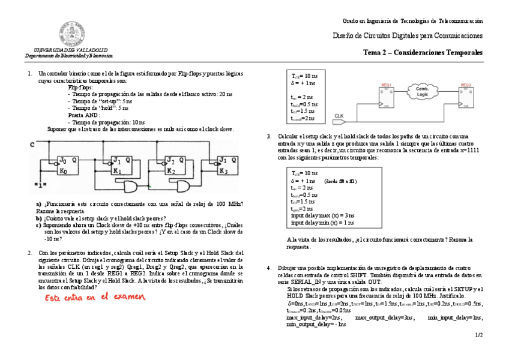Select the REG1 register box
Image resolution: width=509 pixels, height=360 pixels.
(x=385, y=95)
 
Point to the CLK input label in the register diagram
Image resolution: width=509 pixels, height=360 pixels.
(x=339, y=116)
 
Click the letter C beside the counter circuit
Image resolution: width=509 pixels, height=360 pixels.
(x=31, y=145)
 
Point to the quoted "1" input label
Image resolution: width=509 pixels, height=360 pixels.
(x=40, y=184)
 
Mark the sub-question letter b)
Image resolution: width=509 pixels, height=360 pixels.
(x=39, y=218)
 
